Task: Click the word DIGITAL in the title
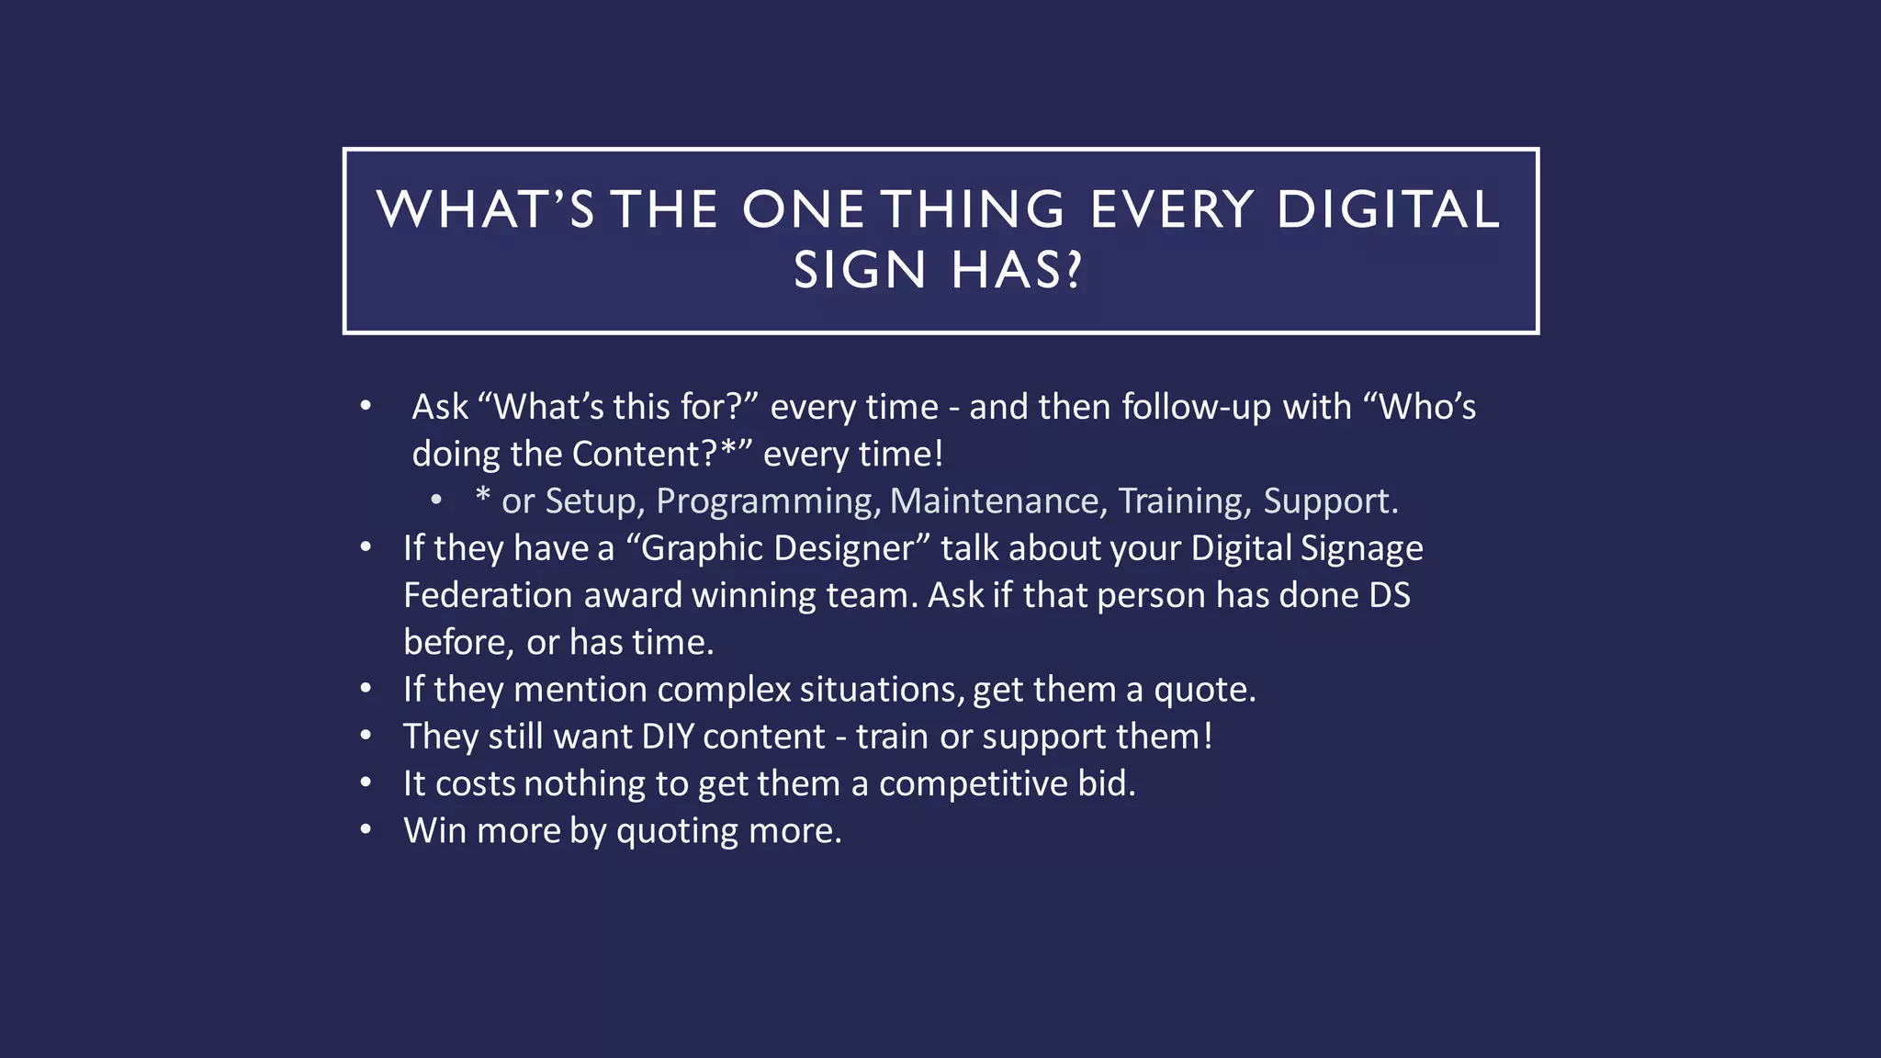(1388, 209)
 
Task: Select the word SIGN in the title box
(860, 271)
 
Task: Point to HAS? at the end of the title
(1017, 271)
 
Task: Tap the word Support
(1330, 501)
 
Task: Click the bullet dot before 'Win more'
(366, 830)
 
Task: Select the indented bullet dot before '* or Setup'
(436, 501)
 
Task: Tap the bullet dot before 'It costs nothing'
(366, 782)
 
